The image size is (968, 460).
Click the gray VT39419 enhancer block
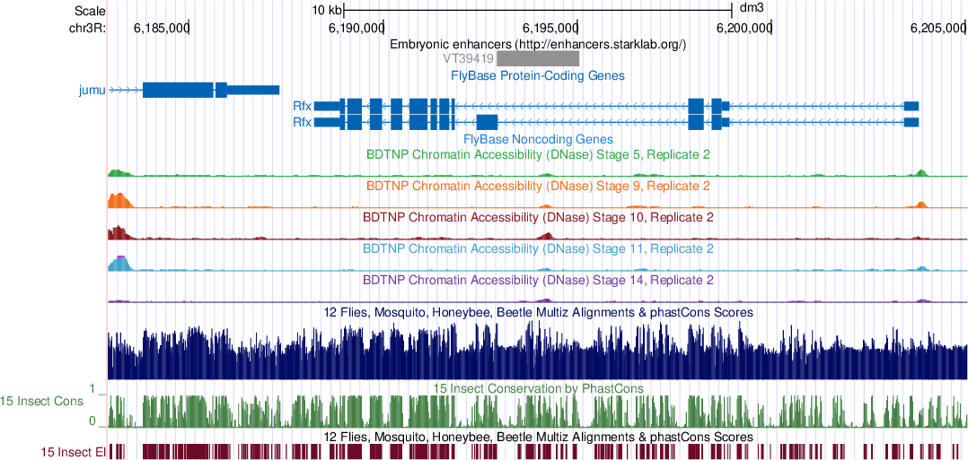(x=538, y=58)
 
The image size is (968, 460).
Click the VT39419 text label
(x=468, y=58)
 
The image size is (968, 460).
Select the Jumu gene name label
(x=92, y=90)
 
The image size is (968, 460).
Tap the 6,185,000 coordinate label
(x=162, y=28)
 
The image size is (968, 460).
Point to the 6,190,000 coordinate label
(x=356, y=28)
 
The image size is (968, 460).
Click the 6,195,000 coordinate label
(x=550, y=28)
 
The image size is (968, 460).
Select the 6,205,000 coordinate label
(x=938, y=28)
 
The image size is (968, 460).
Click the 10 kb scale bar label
(x=327, y=10)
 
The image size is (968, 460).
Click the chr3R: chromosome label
(x=87, y=28)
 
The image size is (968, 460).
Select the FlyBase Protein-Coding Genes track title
(x=537, y=75)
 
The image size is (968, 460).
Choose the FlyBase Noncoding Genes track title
(x=537, y=139)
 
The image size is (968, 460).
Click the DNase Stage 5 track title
(x=538, y=155)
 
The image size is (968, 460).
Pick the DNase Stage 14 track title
(x=538, y=280)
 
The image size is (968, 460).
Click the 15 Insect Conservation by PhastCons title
(x=538, y=388)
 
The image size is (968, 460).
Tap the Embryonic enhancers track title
(x=538, y=44)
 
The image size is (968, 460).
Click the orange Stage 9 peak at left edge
(x=119, y=200)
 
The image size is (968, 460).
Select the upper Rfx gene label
(x=302, y=106)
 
